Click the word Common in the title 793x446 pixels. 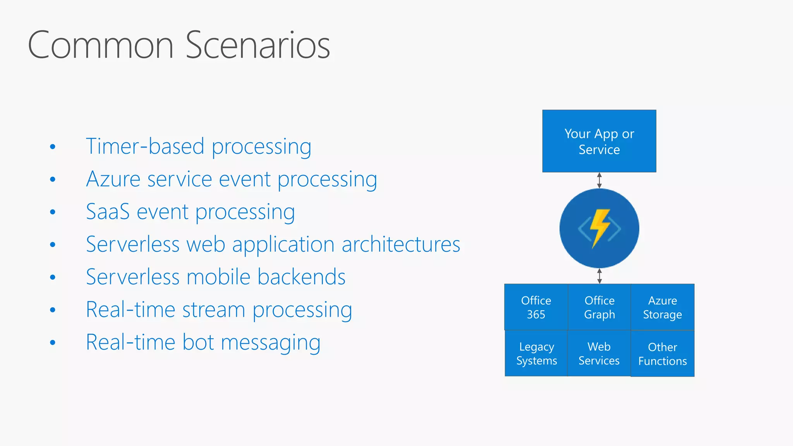click(101, 46)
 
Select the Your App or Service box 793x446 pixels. click(599, 141)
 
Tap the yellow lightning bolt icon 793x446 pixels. click(599, 228)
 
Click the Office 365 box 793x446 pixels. click(536, 307)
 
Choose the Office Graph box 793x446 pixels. click(599, 307)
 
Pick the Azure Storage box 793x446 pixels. click(663, 307)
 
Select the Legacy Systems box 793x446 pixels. click(536, 353)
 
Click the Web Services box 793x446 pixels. click(599, 353)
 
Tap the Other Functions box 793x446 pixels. click(663, 353)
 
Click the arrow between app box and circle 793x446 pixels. click(599, 180)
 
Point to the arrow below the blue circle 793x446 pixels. click(599, 276)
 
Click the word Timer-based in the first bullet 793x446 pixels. click(145, 146)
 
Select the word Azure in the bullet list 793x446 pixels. click(113, 179)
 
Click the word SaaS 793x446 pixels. click(108, 212)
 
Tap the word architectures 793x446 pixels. click(401, 245)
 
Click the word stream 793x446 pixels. click(214, 310)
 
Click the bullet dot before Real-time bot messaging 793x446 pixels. click(53, 343)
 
